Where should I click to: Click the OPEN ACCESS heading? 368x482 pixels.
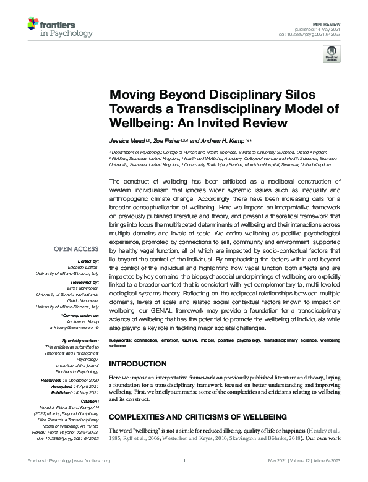coord(77,249)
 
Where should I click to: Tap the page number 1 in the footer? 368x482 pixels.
coord(184,477)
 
